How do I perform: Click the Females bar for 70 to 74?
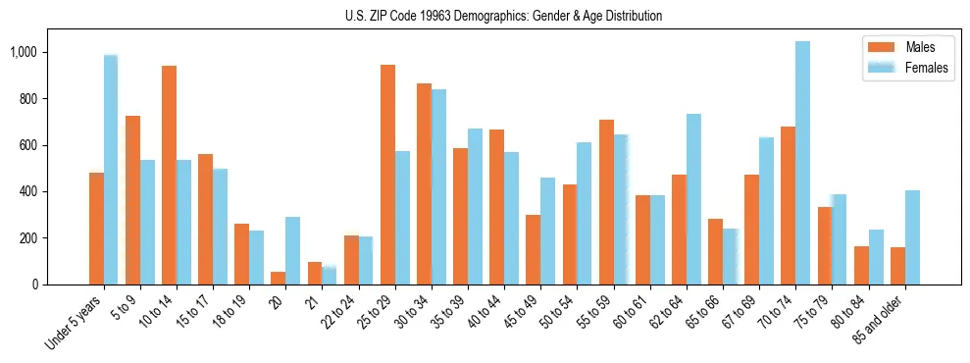802,163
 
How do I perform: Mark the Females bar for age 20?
293,250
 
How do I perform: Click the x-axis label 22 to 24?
342,313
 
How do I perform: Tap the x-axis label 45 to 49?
524,313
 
